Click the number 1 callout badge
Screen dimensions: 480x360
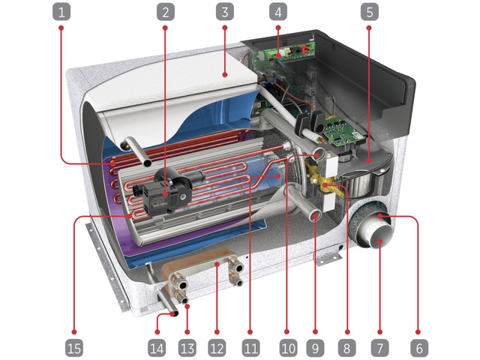coord(61,12)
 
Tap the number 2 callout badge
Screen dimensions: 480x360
coord(165,12)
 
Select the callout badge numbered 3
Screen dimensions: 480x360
coord(225,12)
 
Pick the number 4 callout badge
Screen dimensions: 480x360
coord(278,12)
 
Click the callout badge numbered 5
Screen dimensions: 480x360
coord(370,12)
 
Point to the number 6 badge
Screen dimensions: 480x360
coord(419,348)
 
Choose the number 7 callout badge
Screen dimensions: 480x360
coord(380,348)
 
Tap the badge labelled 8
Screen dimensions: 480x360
coord(346,348)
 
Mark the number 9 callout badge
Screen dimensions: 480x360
coord(315,348)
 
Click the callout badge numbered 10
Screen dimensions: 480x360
coord(288,348)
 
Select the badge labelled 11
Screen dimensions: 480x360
coord(250,348)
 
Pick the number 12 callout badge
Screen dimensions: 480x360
coord(217,348)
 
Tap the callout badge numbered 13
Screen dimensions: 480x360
coord(187,348)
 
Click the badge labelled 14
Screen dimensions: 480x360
coord(157,348)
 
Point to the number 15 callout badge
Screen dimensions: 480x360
coord(74,348)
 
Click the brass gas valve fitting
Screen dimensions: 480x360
coord(325,182)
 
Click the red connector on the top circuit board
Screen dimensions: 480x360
coord(305,49)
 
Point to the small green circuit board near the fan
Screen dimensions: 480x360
coord(343,132)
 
